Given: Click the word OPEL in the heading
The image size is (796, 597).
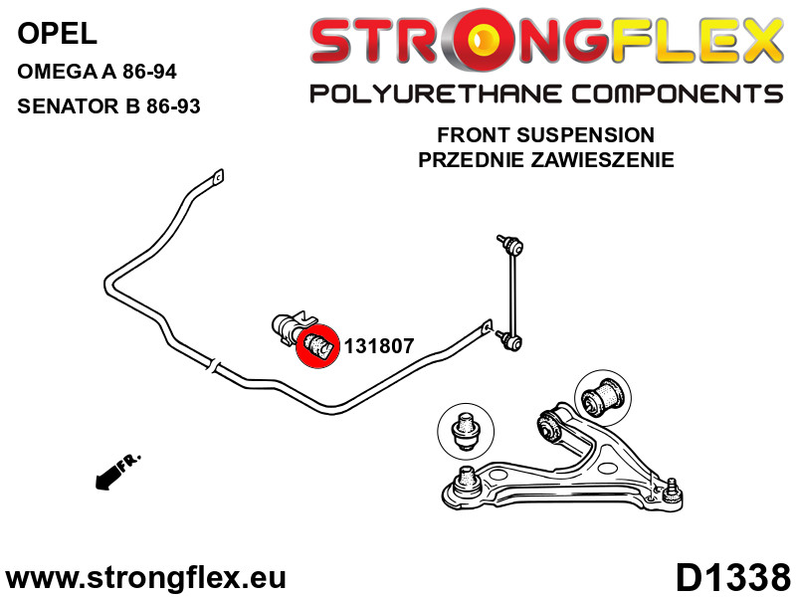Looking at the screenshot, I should click(58, 36).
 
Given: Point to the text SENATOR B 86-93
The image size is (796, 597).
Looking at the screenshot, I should click(109, 105).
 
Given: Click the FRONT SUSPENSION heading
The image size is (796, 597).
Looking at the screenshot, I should click(545, 135).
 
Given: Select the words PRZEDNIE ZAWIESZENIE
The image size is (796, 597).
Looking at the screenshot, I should click(545, 159).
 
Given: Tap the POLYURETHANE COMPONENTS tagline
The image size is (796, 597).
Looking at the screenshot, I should click(545, 95).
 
